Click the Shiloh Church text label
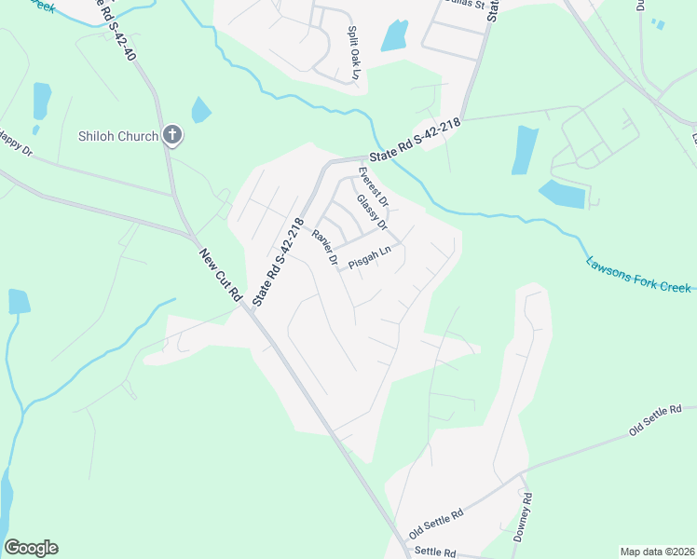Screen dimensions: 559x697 (x=117, y=137)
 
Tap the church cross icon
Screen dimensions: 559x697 (x=171, y=136)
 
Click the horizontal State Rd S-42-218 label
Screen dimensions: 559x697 (x=415, y=144)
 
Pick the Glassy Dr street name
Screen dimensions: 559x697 (x=370, y=213)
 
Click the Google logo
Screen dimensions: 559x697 (x=31, y=548)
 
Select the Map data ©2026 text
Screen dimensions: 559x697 (x=657, y=552)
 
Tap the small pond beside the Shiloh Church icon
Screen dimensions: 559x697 (x=200, y=111)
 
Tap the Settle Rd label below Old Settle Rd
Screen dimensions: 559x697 (x=433, y=552)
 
